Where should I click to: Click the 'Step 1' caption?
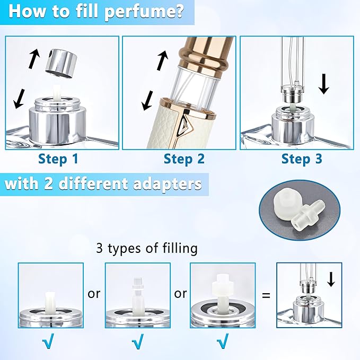[59, 159]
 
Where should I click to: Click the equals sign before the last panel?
[266, 295]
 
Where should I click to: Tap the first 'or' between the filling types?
[94, 293]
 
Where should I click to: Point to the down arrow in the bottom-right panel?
[331, 278]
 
